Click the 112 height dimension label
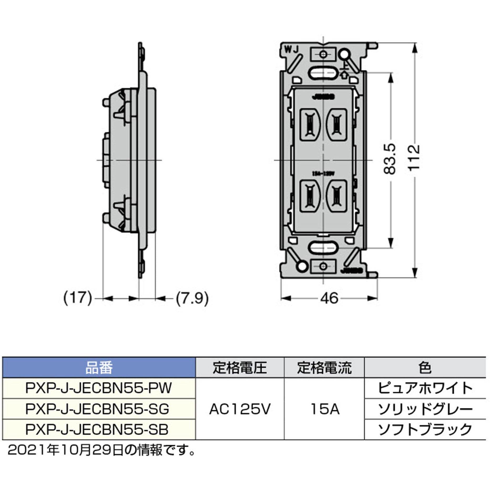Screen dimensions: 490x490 pos(415,158)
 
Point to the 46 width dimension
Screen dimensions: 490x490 pos(329,298)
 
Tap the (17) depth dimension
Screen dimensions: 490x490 pos(78,298)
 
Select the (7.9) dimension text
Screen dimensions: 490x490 pos(192,298)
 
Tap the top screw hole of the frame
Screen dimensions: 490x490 pos(324,54)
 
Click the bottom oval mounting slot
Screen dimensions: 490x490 pos(323,247)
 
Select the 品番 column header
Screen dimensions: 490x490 pos(99,368)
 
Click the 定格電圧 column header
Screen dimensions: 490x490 pos(239,368)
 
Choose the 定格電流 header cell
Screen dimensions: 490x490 pos(324,368)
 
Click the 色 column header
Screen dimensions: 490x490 pos(425,368)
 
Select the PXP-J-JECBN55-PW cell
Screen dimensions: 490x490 pos(99,388)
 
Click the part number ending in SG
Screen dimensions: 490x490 pos(98,409)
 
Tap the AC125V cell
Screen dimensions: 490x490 pos(239,409)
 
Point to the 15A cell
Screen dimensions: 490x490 pos(324,409)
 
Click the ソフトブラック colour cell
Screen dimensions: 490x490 pos(425,429)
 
